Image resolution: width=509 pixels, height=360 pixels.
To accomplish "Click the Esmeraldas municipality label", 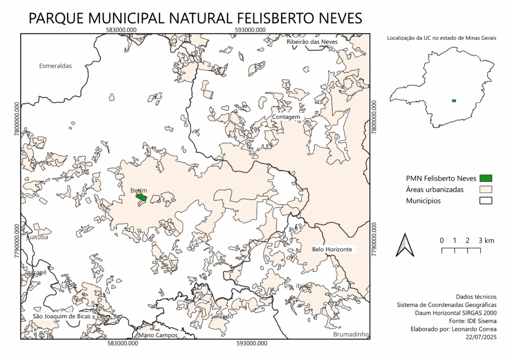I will coord(56,66).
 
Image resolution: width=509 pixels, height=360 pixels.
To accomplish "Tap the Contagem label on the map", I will coord(286,117).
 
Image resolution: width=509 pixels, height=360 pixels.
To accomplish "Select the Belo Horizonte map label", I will coord(332,249).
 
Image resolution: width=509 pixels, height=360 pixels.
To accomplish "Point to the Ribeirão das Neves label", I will coord(312,42).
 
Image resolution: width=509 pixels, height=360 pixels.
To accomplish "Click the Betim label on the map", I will coord(139,190).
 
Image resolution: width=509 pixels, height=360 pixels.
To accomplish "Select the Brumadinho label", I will coord(351,335).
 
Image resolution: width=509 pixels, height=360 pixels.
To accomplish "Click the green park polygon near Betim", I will coord(142,197).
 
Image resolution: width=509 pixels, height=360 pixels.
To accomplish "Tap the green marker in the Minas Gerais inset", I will coord(454,101).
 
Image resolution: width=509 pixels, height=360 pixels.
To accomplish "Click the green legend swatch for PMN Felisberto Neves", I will coord(486,178).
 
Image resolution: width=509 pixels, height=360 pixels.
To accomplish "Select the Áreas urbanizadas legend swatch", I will coord(486,189).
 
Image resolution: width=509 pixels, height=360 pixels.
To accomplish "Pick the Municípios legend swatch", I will coord(486,201).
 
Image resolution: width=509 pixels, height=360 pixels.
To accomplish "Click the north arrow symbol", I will coord(405,245).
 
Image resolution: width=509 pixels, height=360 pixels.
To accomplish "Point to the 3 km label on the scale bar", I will coord(487,241).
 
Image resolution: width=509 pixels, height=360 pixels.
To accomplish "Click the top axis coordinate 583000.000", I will coord(122,30).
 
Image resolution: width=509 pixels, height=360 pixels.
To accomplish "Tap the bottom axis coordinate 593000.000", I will coord(251,343).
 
